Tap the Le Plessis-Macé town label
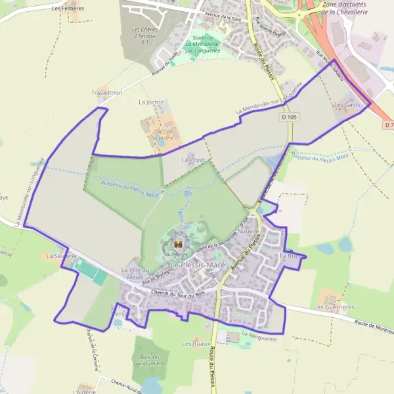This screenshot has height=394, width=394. [x=198, y=264]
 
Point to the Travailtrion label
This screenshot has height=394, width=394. [x=107, y=93]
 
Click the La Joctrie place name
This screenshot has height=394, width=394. [x=150, y=102]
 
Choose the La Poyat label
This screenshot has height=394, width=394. [x=193, y=160]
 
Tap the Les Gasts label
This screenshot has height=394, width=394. [x=347, y=105]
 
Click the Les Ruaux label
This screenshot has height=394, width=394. [x=196, y=343]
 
